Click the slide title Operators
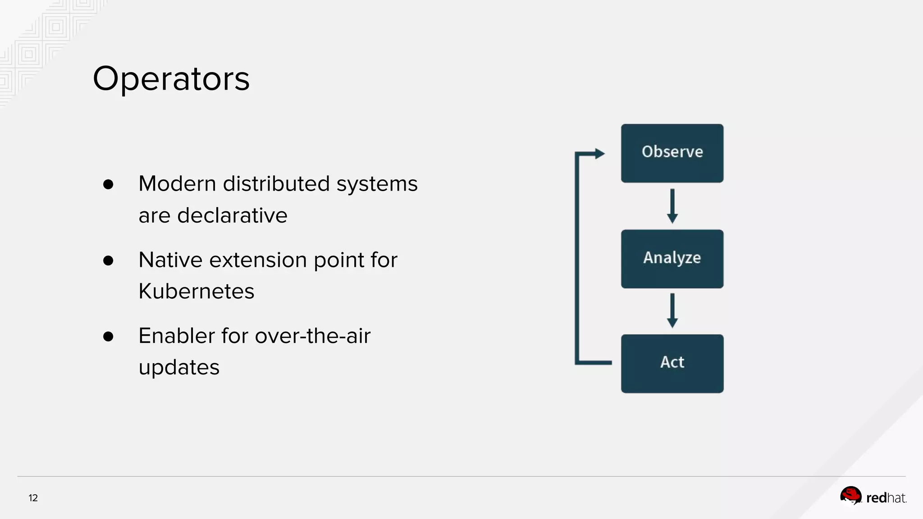(171, 79)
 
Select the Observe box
(672, 153)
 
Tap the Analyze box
(672, 259)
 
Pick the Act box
(672, 363)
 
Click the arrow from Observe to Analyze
(672, 206)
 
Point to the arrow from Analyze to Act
(672, 310)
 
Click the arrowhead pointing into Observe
(599, 154)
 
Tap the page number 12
(33, 498)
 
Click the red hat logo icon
(850, 496)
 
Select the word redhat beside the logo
(886, 498)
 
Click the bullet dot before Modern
(108, 184)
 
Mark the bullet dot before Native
(108, 260)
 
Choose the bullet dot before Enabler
(108, 337)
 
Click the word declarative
(232, 215)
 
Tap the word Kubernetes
(196, 291)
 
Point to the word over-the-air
(312, 336)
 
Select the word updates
(179, 368)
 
